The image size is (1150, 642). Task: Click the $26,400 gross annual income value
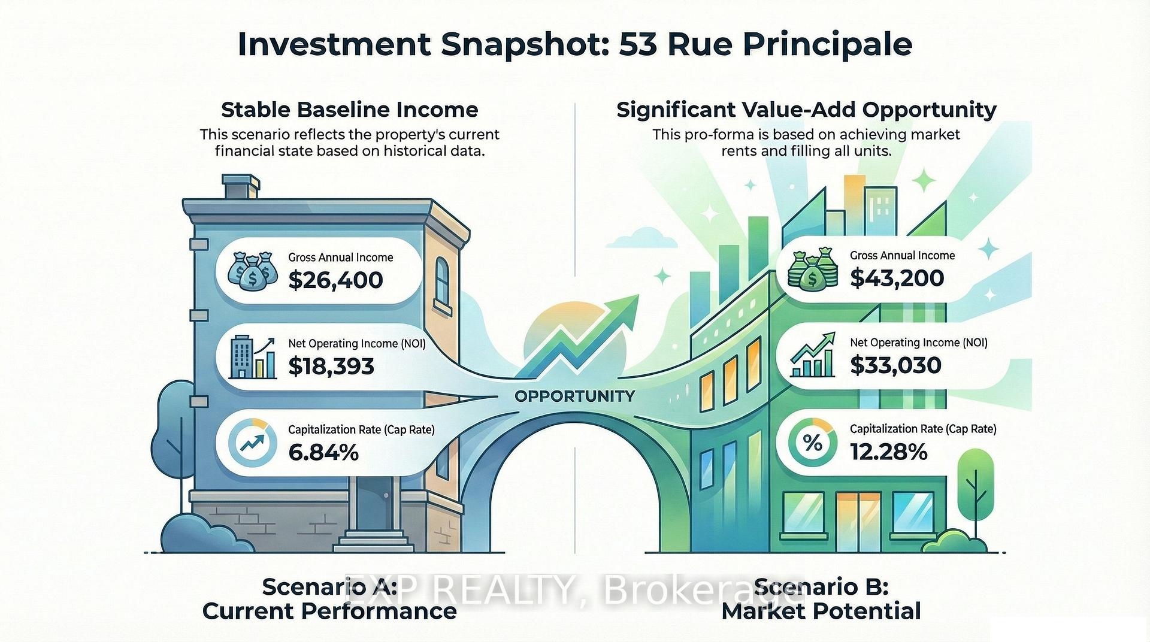pos(335,280)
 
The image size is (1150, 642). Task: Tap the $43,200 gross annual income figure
pos(897,278)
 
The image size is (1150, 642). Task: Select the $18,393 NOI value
pos(331,366)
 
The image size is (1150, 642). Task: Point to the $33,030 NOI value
pos(895,365)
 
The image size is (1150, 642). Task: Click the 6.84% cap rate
pos(323,452)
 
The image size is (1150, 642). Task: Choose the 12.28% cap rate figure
pos(889,452)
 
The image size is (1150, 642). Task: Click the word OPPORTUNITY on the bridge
pos(574,396)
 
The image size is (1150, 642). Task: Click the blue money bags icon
pos(253,271)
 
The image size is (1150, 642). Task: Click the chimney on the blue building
pos(241,187)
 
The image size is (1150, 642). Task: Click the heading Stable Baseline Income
pos(350,110)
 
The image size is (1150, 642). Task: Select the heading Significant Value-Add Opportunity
pos(806,110)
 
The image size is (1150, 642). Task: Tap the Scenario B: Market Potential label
pos(821,599)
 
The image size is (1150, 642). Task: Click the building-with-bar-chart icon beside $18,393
pos(253,357)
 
